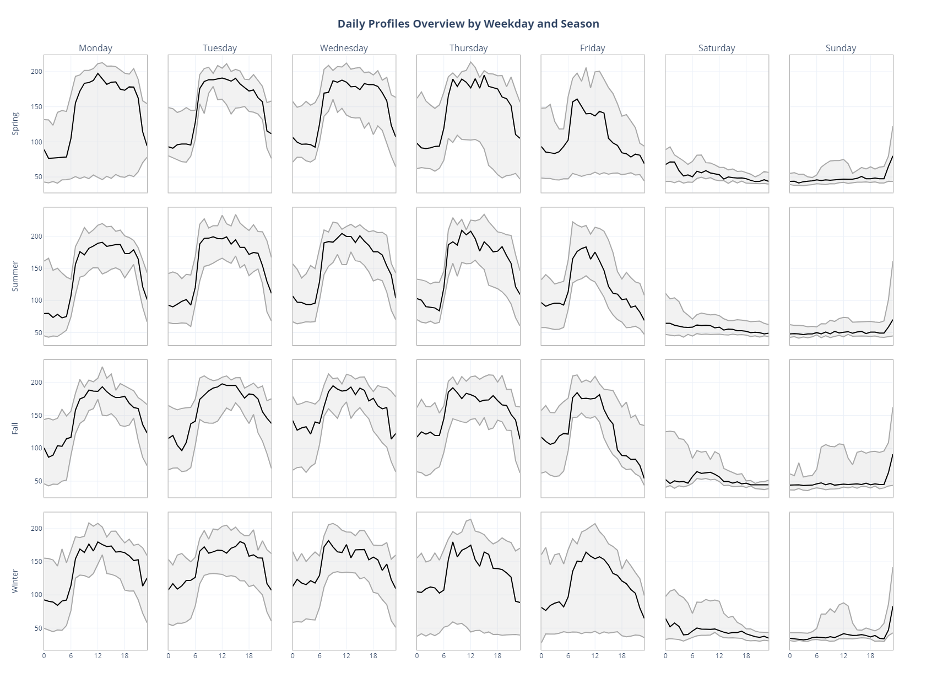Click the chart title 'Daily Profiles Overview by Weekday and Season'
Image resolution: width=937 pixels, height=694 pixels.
pyautogui.click(x=468, y=24)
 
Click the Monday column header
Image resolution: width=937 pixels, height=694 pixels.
pyautogui.click(x=95, y=48)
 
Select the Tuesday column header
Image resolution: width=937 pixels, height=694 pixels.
pyautogui.click(x=220, y=48)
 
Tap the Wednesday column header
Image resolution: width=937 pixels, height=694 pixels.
pyautogui.click(x=344, y=48)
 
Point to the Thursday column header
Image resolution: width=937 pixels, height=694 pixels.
pyautogui.click(x=468, y=48)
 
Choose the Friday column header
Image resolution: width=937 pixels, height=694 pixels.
pyautogui.click(x=592, y=48)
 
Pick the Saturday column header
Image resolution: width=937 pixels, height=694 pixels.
pyautogui.click(x=716, y=48)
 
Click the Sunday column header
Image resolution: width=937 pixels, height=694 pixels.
pyautogui.click(x=841, y=48)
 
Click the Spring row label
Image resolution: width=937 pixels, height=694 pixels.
pyautogui.click(x=15, y=123)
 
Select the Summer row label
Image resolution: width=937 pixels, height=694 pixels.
pyautogui.click(x=15, y=276)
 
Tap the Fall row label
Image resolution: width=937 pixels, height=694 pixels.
pyautogui.click(x=15, y=428)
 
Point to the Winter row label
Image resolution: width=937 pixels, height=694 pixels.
pyautogui.click(x=15, y=581)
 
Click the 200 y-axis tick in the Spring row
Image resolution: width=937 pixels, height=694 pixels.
pyautogui.click(x=36, y=72)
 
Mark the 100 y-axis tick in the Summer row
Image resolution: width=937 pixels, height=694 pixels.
pyautogui.click(x=36, y=300)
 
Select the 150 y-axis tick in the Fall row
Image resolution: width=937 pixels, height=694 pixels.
pyautogui.click(x=36, y=416)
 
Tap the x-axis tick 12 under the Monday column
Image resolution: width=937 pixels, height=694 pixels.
pyautogui.click(x=98, y=656)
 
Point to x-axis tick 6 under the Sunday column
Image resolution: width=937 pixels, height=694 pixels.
pyautogui.click(x=817, y=656)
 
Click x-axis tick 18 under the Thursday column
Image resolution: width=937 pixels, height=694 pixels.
pyautogui.click(x=497, y=656)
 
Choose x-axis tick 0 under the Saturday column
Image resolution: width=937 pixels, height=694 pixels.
pyautogui.click(x=665, y=656)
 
